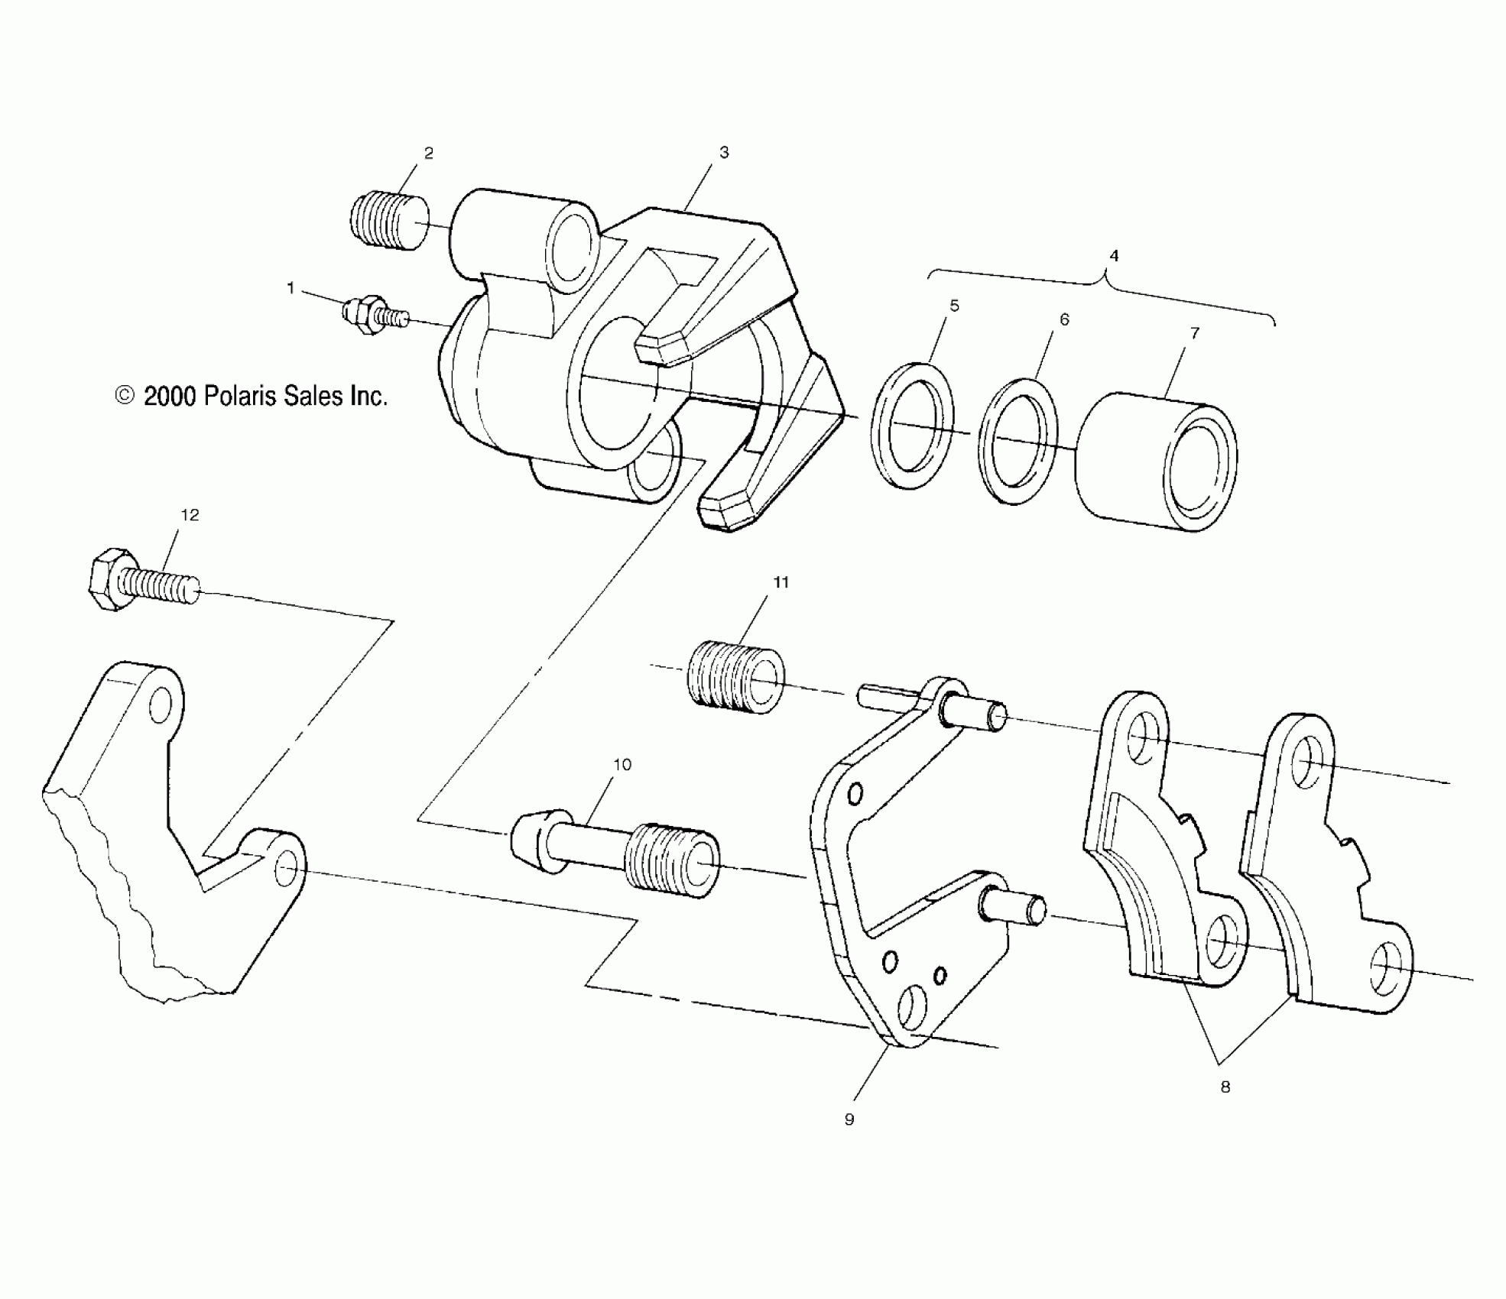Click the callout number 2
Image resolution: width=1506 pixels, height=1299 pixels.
(x=428, y=154)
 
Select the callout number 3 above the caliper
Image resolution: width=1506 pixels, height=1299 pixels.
(x=724, y=153)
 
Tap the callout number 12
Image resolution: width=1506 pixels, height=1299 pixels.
(x=190, y=516)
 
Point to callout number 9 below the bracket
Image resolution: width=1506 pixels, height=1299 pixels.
(x=849, y=1119)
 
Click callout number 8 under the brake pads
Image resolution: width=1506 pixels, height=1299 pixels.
(x=1225, y=1087)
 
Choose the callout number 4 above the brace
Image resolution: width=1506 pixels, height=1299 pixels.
(x=1114, y=256)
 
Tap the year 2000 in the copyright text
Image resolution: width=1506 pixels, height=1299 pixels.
(x=170, y=396)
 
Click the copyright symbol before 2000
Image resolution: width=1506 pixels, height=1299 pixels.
(x=124, y=395)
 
